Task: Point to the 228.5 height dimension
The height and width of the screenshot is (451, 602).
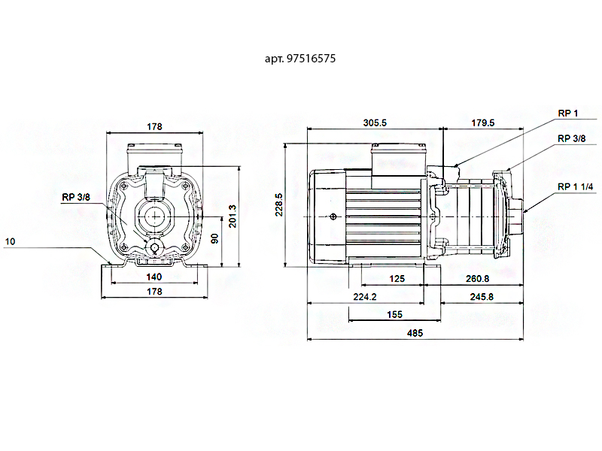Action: [279, 204]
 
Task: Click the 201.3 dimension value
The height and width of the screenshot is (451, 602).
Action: [233, 216]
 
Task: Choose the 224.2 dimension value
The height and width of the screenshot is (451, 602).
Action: [364, 298]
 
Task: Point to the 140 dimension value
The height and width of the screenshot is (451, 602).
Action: [154, 277]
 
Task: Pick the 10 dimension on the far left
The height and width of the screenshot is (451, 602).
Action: [10, 242]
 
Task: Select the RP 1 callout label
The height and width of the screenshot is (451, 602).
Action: [567, 114]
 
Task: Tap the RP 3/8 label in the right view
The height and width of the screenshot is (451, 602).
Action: [573, 139]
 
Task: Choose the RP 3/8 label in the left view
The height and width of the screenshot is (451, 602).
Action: [75, 197]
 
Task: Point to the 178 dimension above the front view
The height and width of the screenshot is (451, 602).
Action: [154, 126]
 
